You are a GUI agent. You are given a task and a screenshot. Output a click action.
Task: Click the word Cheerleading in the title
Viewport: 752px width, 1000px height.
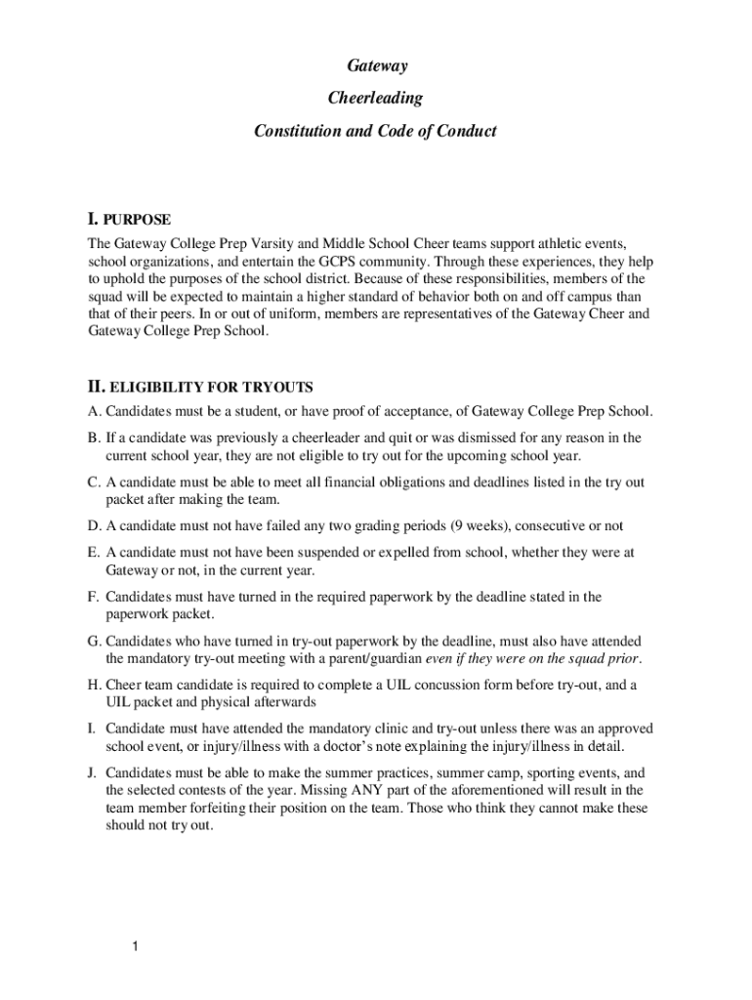click(376, 98)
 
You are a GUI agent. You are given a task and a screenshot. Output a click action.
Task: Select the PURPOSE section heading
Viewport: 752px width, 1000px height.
click(138, 219)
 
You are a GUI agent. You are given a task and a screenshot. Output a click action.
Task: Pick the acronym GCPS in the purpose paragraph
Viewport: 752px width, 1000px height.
click(346, 261)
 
